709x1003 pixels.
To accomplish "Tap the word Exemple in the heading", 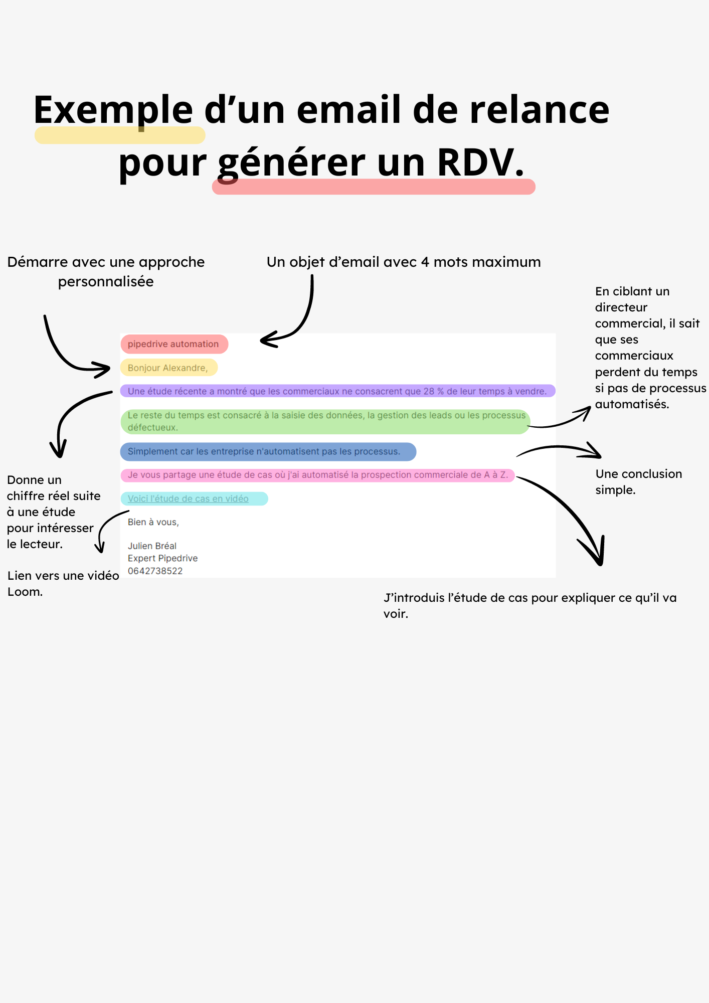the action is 113,110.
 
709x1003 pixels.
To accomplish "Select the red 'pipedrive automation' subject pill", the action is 173,344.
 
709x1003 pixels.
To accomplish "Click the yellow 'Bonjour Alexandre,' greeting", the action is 168,368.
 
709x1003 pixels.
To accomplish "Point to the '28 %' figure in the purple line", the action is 434,391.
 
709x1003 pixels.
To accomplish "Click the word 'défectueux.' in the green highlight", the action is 153,428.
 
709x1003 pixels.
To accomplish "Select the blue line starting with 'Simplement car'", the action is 264,451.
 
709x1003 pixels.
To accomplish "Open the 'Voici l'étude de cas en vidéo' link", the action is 188,498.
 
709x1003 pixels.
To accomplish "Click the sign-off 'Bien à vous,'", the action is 153,522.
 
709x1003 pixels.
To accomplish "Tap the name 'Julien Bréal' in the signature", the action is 152,546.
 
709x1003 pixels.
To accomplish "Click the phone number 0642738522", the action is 155,571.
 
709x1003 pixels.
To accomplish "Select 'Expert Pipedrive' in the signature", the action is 162,558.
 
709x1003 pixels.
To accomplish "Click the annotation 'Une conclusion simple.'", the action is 638,481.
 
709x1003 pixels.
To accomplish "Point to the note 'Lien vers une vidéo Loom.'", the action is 63,583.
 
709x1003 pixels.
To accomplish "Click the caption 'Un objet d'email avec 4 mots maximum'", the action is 404,262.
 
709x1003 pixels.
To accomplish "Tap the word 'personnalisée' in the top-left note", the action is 106,281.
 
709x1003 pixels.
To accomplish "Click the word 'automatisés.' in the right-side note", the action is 632,404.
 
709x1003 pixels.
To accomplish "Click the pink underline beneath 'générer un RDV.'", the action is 374,187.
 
